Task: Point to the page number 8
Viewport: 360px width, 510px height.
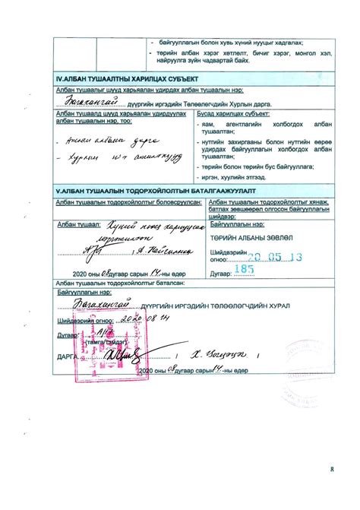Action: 331,470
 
